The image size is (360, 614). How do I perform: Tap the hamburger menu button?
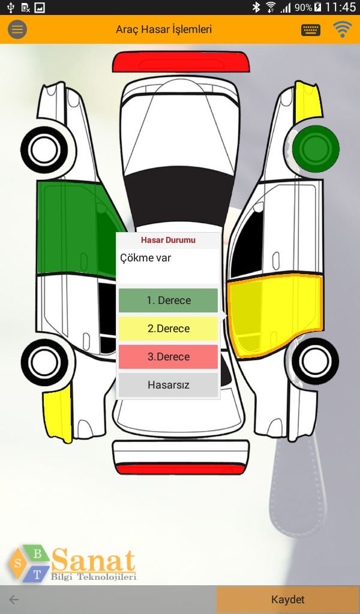(x=17, y=29)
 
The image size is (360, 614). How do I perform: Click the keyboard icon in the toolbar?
(x=311, y=29)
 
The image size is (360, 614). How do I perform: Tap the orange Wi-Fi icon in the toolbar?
(x=343, y=29)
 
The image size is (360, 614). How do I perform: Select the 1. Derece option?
(x=168, y=300)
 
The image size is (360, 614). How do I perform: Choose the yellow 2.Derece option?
(x=168, y=329)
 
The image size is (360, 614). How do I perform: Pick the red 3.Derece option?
(x=168, y=357)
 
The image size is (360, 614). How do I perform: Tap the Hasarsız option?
(x=168, y=385)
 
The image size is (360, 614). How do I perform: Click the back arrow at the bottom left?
(x=14, y=600)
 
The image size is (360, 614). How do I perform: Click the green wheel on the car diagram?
(x=316, y=147)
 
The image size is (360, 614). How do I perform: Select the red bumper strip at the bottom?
(x=181, y=469)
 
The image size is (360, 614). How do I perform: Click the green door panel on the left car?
(x=66, y=228)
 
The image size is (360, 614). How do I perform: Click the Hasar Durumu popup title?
(x=168, y=240)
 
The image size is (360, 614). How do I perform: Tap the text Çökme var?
(x=145, y=258)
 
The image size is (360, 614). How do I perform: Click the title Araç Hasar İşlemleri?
(x=164, y=29)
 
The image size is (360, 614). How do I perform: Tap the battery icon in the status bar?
(x=317, y=8)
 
